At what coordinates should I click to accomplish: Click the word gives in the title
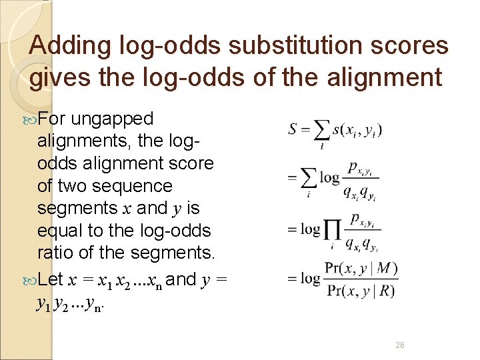(56, 77)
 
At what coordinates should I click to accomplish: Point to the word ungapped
(112, 119)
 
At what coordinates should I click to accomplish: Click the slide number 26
(400, 345)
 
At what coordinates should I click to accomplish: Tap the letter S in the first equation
(293, 129)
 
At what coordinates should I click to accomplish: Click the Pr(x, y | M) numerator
(361, 268)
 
